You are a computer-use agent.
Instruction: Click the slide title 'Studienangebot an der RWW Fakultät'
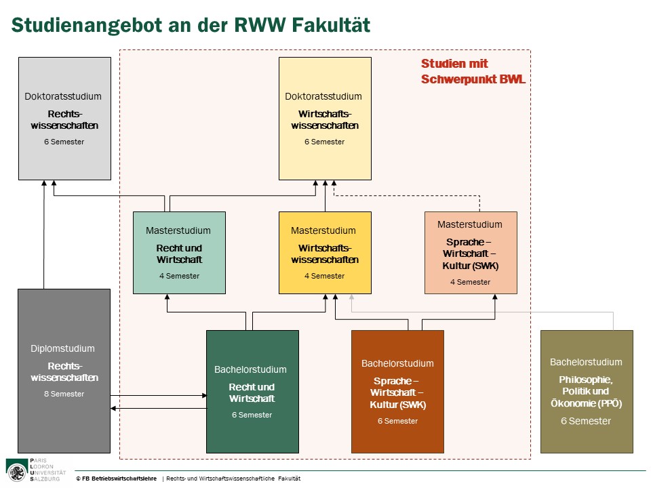point(191,26)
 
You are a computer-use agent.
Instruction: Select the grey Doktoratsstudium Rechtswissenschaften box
point(64,119)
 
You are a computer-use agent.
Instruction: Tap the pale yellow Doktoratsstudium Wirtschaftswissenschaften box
point(325,119)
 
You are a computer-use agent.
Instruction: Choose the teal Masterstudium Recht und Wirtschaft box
point(179,252)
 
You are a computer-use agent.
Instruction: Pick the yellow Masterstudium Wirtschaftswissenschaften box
point(325,252)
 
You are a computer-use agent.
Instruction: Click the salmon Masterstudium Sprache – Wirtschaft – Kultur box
point(471,252)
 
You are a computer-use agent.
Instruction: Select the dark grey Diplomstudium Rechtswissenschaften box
point(64,371)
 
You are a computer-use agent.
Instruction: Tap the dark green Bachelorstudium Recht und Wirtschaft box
point(252,391)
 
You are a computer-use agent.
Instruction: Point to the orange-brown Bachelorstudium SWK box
point(397,391)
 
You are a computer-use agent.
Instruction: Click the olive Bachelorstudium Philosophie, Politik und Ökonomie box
point(586,391)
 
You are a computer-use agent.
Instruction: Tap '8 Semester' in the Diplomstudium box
point(64,394)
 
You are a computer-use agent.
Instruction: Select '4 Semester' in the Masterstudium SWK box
point(470,282)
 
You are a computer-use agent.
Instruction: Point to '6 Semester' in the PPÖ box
point(586,421)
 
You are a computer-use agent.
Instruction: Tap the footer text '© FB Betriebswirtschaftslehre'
point(116,479)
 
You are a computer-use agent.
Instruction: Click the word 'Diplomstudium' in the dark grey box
point(62,348)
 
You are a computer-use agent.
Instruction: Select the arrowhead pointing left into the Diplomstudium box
point(114,408)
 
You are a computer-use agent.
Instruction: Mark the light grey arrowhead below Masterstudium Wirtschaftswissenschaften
point(351,298)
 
